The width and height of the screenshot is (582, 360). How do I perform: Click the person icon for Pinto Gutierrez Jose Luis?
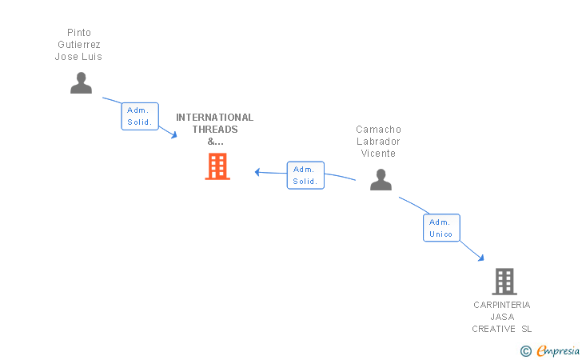(x=81, y=82)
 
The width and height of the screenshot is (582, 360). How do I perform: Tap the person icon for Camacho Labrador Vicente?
(x=381, y=179)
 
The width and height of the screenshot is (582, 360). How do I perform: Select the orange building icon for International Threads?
(x=217, y=166)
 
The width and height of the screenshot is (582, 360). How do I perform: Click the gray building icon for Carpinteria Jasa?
(x=504, y=282)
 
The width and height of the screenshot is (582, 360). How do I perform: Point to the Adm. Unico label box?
(x=440, y=228)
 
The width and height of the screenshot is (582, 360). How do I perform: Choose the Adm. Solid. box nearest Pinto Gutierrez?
(x=140, y=117)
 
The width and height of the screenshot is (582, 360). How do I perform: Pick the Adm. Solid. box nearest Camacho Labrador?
(x=305, y=175)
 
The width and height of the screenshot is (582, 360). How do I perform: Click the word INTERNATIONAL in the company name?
(x=214, y=118)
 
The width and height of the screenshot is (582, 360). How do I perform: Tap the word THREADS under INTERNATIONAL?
(x=215, y=130)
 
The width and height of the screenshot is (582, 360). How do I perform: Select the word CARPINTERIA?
(x=501, y=305)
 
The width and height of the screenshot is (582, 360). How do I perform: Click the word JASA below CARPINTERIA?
(x=502, y=317)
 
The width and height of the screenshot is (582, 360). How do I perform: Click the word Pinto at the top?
(x=78, y=33)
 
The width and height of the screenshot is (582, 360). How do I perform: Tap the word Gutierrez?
(x=78, y=45)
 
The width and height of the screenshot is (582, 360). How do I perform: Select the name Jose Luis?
(x=78, y=57)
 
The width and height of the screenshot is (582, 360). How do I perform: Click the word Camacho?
(x=378, y=130)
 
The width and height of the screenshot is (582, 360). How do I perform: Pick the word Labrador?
(x=378, y=142)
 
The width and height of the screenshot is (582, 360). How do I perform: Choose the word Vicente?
(x=378, y=154)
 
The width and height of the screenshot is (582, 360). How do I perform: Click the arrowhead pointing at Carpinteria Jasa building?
(x=481, y=258)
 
